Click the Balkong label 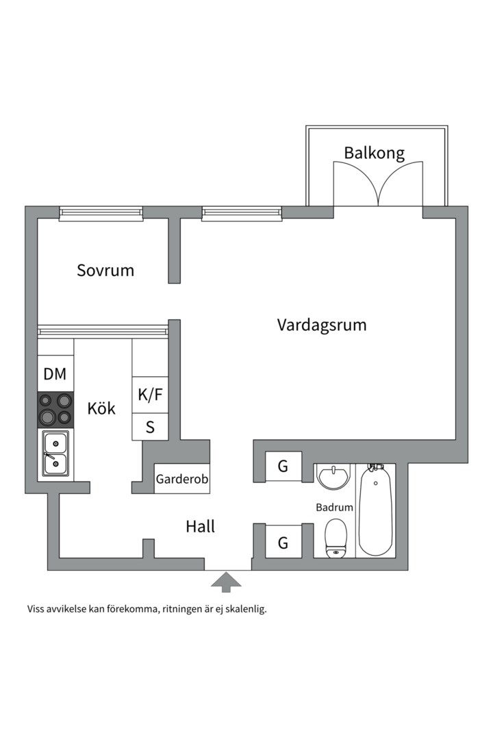pos(374,153)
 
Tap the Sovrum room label pos(105,270)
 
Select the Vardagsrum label pos(321,324)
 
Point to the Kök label pos(101,409)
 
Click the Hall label pos(200,526)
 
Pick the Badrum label pos(334,508)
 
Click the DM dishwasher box pos(55,374)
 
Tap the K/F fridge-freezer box pos(150,395)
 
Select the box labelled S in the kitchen pos(150,428)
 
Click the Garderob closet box pos(181,479)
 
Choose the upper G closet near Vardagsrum pos(283,467)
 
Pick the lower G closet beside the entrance pos(283,543)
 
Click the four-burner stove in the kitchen pos(55,409)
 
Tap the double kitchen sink pos(55,454)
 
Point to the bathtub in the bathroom pos(376,510)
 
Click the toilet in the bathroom pos(336,538)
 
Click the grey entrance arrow pos(226,582)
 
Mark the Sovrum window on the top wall pos(101,213)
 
